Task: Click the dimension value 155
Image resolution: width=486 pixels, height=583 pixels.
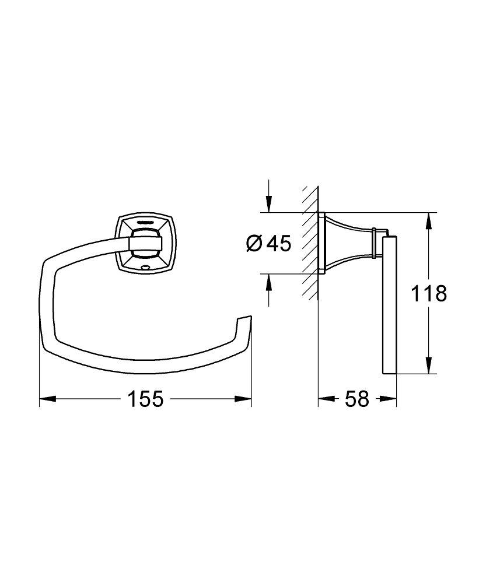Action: pyautogui.click(x=145, y=399)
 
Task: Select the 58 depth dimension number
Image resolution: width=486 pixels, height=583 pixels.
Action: pyautogui.click(x=357, y=399)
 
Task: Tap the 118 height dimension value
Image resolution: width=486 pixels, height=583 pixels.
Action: pyautogui.click(x=429, y=293)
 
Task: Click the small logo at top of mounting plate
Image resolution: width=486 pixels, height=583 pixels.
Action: pyautogui.click(x=144, y=222)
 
